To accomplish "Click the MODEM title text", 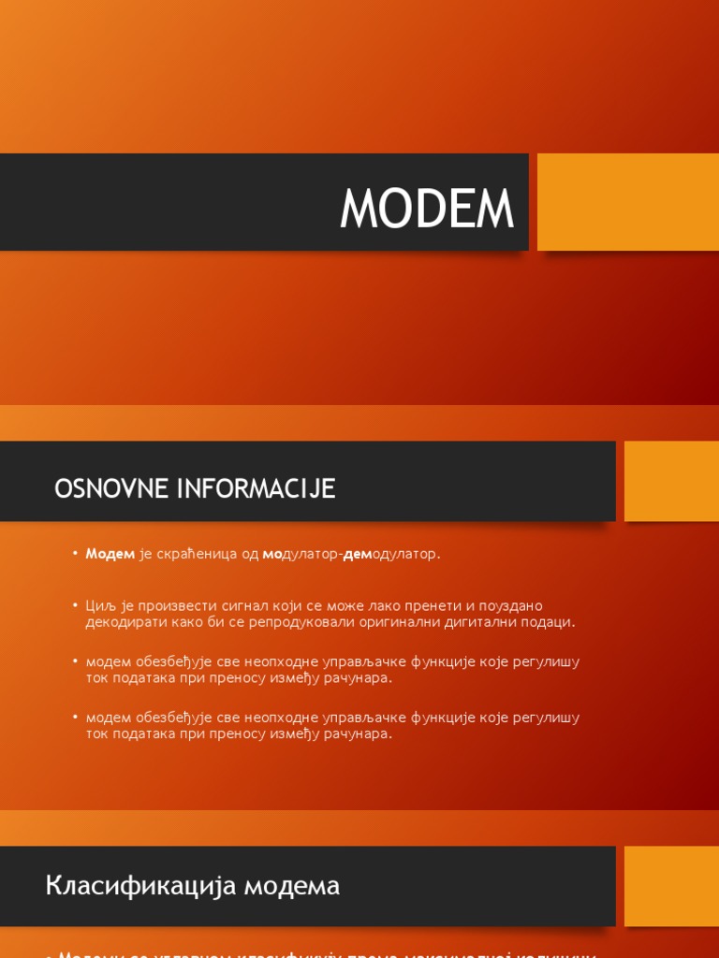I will tap(427, 208).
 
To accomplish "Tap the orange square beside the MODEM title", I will tap(628, 202).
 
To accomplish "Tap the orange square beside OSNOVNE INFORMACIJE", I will tap(671, 481).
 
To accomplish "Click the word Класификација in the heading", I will tap(141, 885).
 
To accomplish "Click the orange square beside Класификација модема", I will tap(671, 886).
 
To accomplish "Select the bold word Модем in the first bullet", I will tap(110, 554).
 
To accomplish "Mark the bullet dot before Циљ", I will tap(75, 606).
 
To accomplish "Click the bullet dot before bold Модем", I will tap(75, 554).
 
